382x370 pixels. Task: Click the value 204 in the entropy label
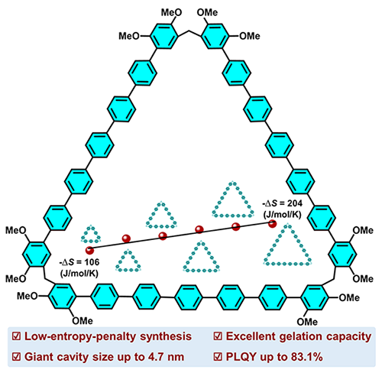click(x=295, y=203)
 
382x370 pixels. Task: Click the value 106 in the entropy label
click(x=92, y=262)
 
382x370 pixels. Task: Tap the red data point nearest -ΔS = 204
click(x=273, y=224)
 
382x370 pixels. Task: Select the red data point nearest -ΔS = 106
click(x=89, y=250)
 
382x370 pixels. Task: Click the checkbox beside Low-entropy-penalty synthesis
click(x=17, y=336)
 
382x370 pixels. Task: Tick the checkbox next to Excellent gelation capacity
click(x=219, y=336)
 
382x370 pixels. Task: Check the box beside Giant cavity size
click(x=17, y=357)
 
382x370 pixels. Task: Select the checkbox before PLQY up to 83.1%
click(x=219, y=357)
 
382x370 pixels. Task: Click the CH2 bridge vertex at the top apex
click(x=189, y=31)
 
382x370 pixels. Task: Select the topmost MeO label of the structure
click(x=171, y=12)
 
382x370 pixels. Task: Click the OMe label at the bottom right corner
click(x=307, y=322)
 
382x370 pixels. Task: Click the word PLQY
click(x=241, y=357)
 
